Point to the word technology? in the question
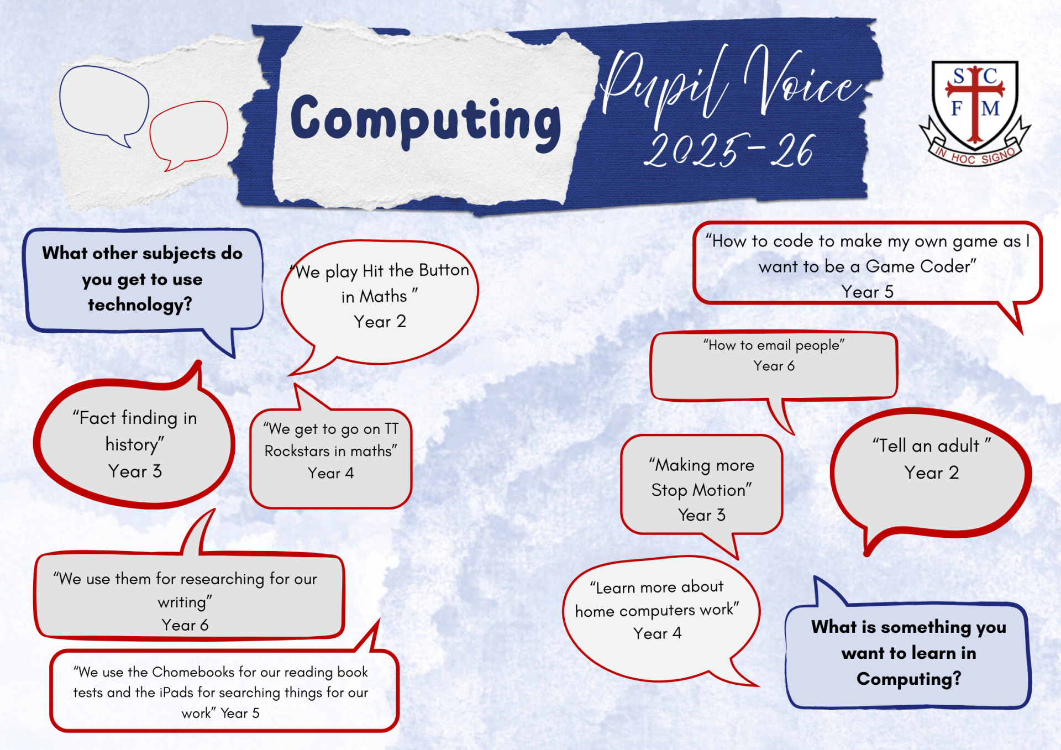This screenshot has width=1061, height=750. (140, 305)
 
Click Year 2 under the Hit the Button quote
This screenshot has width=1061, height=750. (380, 322)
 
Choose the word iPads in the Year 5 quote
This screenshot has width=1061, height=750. (176, 693)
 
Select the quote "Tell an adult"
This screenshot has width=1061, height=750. (932, 445)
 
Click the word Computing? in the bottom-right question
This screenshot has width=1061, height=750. (909, 679)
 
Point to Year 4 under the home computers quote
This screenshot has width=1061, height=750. (657, 633)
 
